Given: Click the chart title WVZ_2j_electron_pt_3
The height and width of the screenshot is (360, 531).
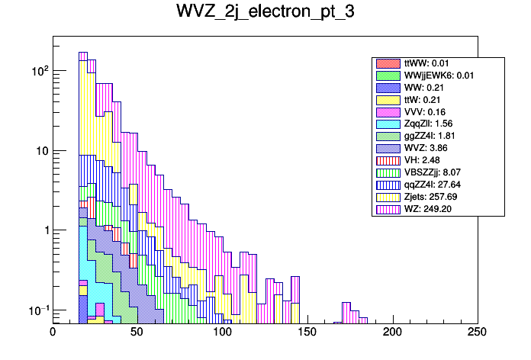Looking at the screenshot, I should pos(265,14).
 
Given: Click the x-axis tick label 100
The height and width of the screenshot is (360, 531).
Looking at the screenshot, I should pos(222,333).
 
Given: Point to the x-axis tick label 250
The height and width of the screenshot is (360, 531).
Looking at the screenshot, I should pos(477,333).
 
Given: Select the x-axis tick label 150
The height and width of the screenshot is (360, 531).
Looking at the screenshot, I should pos(307,333).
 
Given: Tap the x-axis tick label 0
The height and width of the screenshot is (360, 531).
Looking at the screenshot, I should pos(53,333).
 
